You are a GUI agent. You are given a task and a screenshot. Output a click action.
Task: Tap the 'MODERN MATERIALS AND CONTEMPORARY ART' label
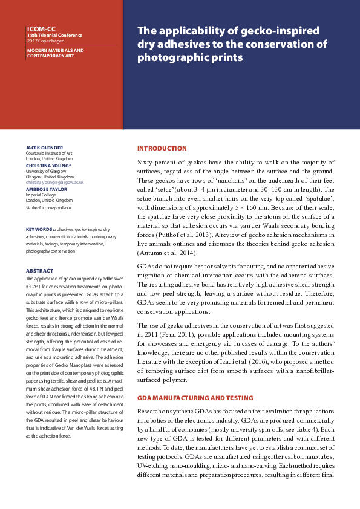[x=55, y=53]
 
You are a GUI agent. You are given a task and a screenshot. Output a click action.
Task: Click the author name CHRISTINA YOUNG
[x=48, y=165]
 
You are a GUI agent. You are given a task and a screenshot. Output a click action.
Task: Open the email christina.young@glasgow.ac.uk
[x=54, y=182]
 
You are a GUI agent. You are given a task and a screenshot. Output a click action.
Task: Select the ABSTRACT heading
[x=40, y=271]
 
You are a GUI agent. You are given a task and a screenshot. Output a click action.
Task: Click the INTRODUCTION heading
[x=162, y=148]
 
